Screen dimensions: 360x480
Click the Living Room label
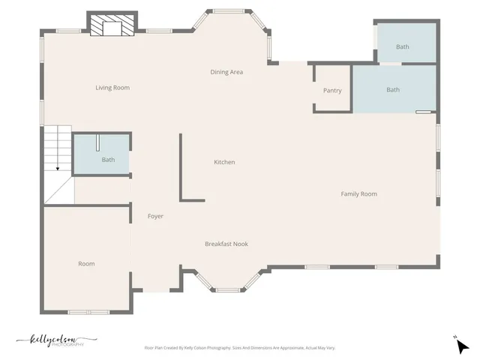[112, 88]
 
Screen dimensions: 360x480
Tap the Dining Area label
[226, 72]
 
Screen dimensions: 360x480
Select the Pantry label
[332, 91]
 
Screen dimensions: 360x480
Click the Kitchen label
[224, 162]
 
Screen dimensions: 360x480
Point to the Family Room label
[358, 194]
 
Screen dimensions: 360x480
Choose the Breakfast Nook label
[226, 244]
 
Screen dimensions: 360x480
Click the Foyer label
[155, 216]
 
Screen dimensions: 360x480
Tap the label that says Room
[86, 263]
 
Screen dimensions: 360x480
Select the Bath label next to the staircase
[108, 160]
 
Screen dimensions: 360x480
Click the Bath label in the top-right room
[403, 46]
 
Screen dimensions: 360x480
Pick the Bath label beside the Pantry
[393, 90]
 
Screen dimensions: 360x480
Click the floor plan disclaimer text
[239, 348]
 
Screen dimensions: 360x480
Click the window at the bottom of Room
[88, 311]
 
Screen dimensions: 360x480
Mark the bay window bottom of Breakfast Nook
[228, 289]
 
